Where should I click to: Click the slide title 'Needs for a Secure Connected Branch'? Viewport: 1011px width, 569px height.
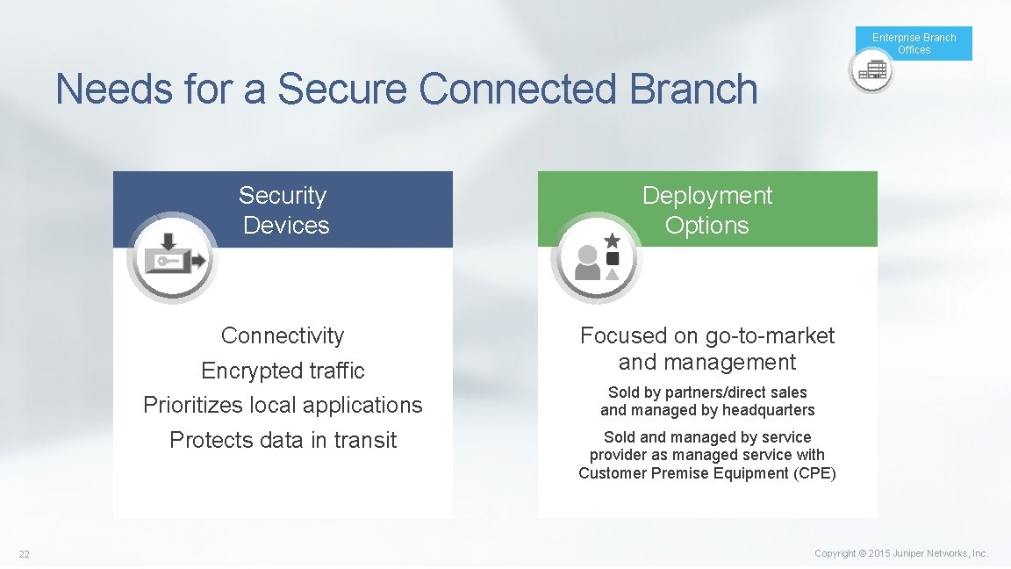click(x=406, y=90)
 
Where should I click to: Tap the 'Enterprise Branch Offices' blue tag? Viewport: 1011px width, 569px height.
click(x=914, y=43)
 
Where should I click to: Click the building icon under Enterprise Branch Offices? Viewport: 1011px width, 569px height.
click(x=871, y=70)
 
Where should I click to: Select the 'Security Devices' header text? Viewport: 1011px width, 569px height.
click(x=283, y=210)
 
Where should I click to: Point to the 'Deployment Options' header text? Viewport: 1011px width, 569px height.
click(x=706, y=210)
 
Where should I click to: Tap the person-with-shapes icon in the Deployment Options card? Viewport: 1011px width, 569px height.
click(x=597, y=257)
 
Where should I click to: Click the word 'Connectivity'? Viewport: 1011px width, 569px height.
click(x=283, y=335)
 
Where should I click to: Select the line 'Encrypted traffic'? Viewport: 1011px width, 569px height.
click(x=283, y=371)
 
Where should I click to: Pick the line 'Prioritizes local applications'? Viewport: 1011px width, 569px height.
click(x=283, y=405)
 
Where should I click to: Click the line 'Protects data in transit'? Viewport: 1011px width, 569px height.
click(x=283, y=440)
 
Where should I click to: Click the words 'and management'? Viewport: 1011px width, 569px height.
click(x=706, y=362)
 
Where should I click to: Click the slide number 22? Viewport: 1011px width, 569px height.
click(x=25, y=553)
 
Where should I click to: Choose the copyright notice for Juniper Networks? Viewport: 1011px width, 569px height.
click(x=900, y=553)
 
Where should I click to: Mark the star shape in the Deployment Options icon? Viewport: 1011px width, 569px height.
click(x=613, y=240)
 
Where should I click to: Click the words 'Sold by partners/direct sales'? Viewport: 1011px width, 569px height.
click(x=706, y=393)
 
